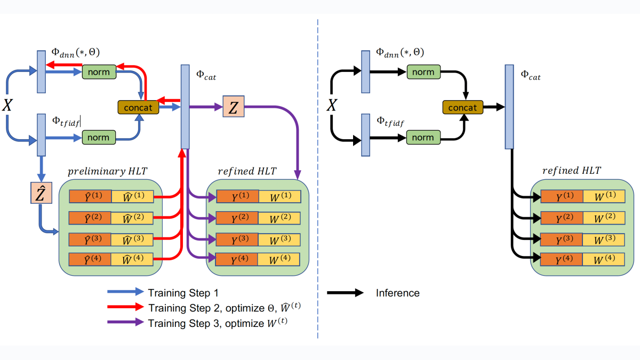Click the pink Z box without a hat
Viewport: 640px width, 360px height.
tap(233, 108)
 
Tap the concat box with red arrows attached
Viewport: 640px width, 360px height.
tap(139, 107)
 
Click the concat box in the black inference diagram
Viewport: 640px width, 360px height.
tap(463, 107)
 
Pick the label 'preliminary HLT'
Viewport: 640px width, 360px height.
tap(107, 171)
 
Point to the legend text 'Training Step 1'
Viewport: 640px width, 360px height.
tap(183, 293)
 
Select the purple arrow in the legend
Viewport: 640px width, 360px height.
tap(125, 322)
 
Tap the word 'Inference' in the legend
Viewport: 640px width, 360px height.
tap(397, 293)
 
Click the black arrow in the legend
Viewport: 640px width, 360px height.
tap(345, 293)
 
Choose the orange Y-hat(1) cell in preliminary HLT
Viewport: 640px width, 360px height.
tap(90, 196)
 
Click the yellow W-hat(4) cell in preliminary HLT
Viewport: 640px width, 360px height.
tap(132, 260)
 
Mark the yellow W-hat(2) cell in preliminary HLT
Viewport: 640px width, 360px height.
tap(132, 218)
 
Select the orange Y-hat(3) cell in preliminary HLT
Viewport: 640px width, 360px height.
tap(90, 239)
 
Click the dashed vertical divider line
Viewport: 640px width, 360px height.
tap(318, 176)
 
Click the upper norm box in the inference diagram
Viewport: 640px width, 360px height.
tap(423, 71)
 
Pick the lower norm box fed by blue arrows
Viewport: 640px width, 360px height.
tap(99, 138)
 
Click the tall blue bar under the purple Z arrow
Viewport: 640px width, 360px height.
tap(185, 107)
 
